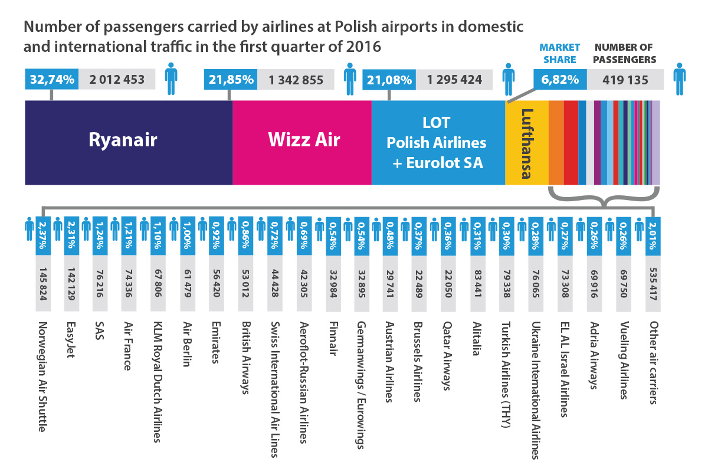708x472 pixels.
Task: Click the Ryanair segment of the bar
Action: tap(129, 142)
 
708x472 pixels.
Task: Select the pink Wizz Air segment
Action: tap(301, 142)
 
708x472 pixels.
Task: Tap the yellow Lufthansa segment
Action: tap(527, 142)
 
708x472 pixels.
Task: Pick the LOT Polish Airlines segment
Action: tap(437, 142)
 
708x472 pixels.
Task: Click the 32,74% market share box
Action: tap(52, 80)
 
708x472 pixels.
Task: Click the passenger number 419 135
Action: tap(625, 80)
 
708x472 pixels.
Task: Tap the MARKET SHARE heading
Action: tap(560, 53)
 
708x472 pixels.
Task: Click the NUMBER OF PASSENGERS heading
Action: tap(625, 53)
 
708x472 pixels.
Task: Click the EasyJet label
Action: tap(71, 342)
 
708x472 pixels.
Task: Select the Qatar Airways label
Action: tap(447, 356)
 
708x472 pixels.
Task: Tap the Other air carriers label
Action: tap(653, 362)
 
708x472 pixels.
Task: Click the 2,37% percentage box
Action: tap(42, 236)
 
